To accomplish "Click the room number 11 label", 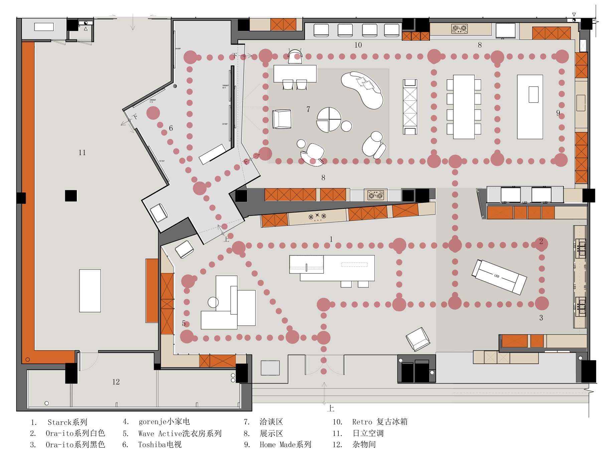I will click(82, 153).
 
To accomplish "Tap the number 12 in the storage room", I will click(116, 382).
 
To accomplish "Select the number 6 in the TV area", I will click(171, 128).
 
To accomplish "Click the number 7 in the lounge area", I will click(308, 109).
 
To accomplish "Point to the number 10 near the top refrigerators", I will click(358, 45).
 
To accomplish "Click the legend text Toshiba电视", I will click(160, 445).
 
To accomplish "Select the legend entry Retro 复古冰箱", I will click(380, 422).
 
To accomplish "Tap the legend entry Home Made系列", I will click(285, 445).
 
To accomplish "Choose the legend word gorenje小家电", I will click(164, 422).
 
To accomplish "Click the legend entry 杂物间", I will click(364, 445).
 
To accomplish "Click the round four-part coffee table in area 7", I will click(329, 119).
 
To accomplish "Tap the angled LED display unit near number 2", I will click(499, 277).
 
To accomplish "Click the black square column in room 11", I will click(71, 195).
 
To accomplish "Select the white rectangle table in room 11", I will click(90, 291).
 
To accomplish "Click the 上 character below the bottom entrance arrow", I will click(331, 408).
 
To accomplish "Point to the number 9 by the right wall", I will click(558, 113).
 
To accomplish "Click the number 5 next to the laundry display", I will click(184, 323).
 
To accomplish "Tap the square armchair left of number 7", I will click(282, 119).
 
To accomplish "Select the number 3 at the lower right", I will click(541, 318).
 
